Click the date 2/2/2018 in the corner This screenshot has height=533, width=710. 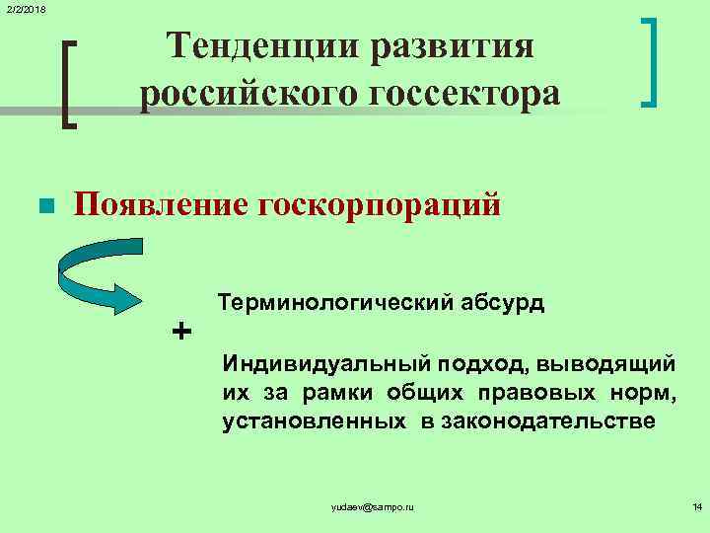tap(23, 9)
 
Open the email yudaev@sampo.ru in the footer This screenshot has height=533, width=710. tap(374, 506)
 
